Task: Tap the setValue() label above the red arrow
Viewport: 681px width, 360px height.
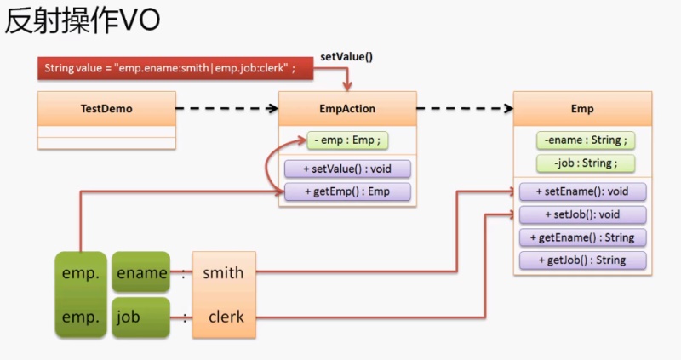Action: [x=346, y=57]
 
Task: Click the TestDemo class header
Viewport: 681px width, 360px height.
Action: [x=106, y=109]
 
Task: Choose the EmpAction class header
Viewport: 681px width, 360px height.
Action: [x=346, y=109]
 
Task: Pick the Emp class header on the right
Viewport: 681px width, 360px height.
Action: [x=582, y=109]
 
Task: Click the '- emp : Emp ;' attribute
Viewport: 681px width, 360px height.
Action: [x=347, y=140]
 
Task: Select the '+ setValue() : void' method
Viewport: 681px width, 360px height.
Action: [x=346, y=169]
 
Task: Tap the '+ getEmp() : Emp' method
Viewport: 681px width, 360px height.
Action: [x=346, y=191]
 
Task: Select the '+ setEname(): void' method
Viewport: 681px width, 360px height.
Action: [x=583, y=191]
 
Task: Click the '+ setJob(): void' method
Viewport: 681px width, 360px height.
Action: [x=583, y=214]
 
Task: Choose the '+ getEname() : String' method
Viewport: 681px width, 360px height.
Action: [x=583, y=237]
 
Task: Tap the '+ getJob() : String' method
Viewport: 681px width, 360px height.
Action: [x=583, y=260]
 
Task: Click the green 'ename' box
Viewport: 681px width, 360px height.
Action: [x=141, y=273]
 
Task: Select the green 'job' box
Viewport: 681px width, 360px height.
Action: [x=141, y=317]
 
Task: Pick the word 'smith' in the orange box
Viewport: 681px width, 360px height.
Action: [x=223, y=273]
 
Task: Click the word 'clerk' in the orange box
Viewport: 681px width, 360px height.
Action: [x=223, y=317]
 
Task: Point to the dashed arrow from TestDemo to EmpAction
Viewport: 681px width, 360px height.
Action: [x=228, y=109]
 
